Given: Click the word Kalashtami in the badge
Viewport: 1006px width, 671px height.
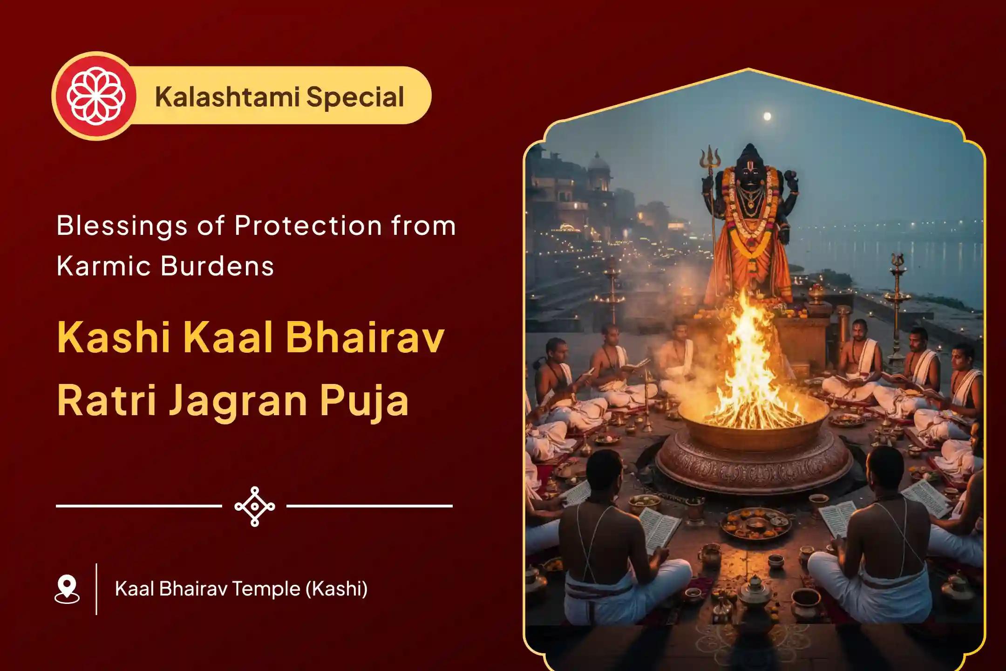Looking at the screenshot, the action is point(227,97).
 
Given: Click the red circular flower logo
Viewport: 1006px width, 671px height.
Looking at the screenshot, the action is point(96,96).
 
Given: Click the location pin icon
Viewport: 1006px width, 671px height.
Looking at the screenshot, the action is point(67,589).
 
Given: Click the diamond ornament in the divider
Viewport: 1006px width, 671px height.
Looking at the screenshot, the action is point(255,507).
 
